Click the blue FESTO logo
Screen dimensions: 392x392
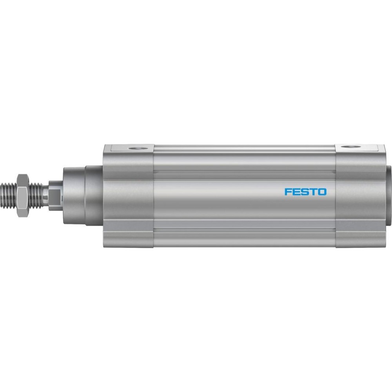tap(305, 192)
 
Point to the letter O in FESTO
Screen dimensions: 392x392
tap(322, 192)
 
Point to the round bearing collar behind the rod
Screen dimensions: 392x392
tap(74, 195)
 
